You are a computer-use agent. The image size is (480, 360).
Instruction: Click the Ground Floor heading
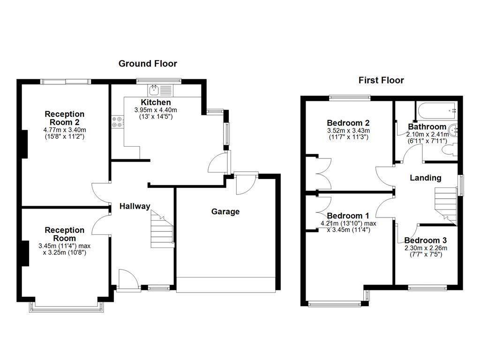tap(148, 63)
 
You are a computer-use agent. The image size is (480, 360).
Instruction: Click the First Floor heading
tap(381, 80)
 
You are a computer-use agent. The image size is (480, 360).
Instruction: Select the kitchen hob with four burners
tap(117, 122)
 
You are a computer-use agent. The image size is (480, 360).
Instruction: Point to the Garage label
tap(225, 211)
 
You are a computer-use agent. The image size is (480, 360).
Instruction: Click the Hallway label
tap(135, 206)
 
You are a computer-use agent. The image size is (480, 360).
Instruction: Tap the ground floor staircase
tap(162, 230)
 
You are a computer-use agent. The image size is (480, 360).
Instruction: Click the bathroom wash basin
tap(453, 129)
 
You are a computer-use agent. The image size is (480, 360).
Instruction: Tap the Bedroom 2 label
tap(348, 123)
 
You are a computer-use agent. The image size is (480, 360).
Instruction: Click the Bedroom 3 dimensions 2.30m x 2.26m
tap(426, 248)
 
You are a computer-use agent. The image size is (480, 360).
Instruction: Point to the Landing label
tap(425, 178)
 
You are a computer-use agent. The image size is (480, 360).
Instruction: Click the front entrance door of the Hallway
tap(127, 280)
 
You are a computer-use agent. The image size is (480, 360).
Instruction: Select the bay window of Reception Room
tap(67, 306)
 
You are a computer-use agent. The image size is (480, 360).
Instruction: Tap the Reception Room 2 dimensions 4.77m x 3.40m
tap(65, 130)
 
